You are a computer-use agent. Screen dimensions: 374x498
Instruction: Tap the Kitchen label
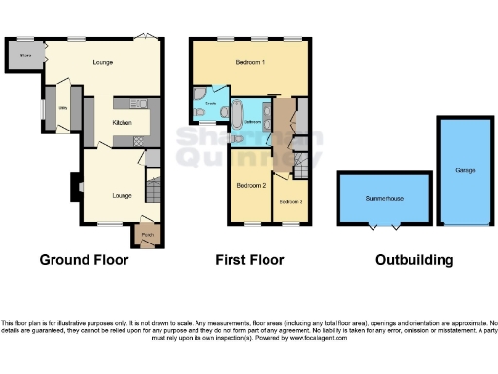(x=122, y=123)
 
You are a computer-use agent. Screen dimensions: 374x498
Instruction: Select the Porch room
(x=149, y=234)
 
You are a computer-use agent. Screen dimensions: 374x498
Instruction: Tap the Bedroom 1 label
(x=250, y=63)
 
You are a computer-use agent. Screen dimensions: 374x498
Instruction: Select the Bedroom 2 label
(x=251, y=184)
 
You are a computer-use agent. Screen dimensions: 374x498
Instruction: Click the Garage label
(x=464, y=170)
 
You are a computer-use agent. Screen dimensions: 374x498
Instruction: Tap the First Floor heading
(x=250, y=260)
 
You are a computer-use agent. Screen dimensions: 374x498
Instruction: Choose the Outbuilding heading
(x=414, y=260)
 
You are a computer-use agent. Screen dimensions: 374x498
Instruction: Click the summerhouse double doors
(x=385, y=227)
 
